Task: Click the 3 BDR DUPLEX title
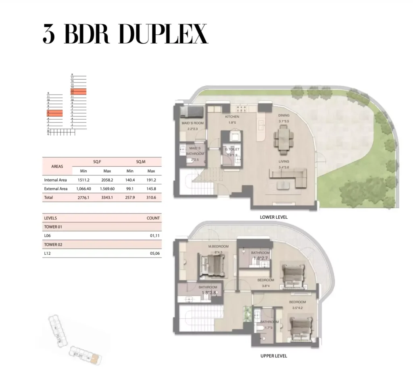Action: pyautogui.click(x=125, y=34)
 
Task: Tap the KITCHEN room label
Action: pyautogui.click(x=232, y=117)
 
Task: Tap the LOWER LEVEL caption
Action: pyautogui.click(x=273, y=217)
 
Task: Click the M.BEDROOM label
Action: pyautogui.click(x=218, y=247)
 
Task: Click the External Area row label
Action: pyautogui.click(x=56, y=189)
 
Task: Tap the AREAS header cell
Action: pyautogui.click(x=57, y=166)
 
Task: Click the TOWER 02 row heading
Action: pyautogui.click(x=53, y=245)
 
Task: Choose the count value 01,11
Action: pyautogui.click(x=154, y=236)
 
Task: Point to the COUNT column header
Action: pyautogui.click(x=153, y=218)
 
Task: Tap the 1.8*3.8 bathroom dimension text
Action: pyautogui.click(x=209, y=293)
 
